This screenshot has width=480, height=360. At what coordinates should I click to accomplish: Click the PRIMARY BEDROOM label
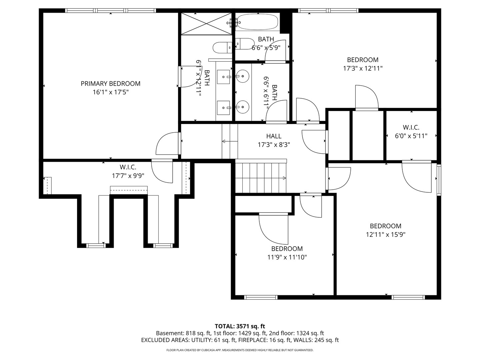110,84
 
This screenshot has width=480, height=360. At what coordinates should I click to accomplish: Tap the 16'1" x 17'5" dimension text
110,92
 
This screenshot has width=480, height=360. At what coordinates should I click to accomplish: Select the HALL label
274,136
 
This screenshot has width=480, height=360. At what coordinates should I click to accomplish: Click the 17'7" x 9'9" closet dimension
128,176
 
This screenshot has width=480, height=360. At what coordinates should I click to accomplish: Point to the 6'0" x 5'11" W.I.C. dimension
411,136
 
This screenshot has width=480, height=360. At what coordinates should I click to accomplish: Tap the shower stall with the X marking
206,23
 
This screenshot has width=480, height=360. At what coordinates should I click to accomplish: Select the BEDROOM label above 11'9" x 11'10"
287,249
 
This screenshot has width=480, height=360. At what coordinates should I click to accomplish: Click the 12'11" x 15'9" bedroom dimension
385,234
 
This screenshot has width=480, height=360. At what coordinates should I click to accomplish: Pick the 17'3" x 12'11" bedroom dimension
363,68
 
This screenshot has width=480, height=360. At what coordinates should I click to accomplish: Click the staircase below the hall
261,178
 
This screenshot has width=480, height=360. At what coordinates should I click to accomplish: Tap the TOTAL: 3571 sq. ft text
240,326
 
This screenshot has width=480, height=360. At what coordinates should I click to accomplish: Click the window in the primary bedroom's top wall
111,11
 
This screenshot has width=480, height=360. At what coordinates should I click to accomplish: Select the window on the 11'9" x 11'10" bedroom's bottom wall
261,297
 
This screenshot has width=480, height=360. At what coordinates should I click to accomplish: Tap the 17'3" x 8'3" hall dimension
274,145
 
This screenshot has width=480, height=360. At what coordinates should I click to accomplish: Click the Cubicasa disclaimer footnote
240,350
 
